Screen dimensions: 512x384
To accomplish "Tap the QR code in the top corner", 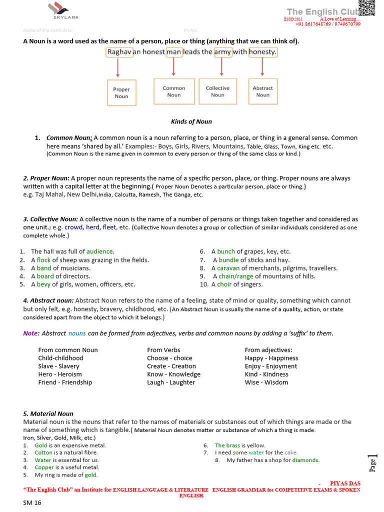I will pyautogui.click(x=366, y=9).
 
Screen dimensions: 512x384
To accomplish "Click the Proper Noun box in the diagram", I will pyautogui.click(x=121, y=93).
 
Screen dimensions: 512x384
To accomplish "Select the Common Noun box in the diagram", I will pyautogui.click(x=174, y=91).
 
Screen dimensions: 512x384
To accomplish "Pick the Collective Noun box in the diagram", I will pyautogui.click(x=217, y=91).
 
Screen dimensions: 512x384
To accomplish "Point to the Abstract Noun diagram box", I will pyautogui.click(x=262, y=91).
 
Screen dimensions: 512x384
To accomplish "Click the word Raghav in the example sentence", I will pyautogui.click(x=119, y=52).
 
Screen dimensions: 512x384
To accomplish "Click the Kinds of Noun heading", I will pyautogui.click(x=191, y=121).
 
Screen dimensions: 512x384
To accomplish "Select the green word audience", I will pyautogui.click(x=100, y=251).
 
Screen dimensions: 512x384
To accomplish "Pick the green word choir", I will pyautogui.click(x=224, y=284).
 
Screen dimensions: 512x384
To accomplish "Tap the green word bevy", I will pyautogui.click(x=43, y=284).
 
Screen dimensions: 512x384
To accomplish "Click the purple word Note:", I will pyautogui.click(x=31, y=333).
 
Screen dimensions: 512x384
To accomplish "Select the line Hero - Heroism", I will pyautogui.click(x=60, y=374).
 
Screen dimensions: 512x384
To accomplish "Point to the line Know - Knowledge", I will pyautogui.click(x=173, y=374).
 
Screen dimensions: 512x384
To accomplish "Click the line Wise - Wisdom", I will pyautogui.click(x=266, y=382).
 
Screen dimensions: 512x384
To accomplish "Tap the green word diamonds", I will pyautogui.click(x=305, y=460).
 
